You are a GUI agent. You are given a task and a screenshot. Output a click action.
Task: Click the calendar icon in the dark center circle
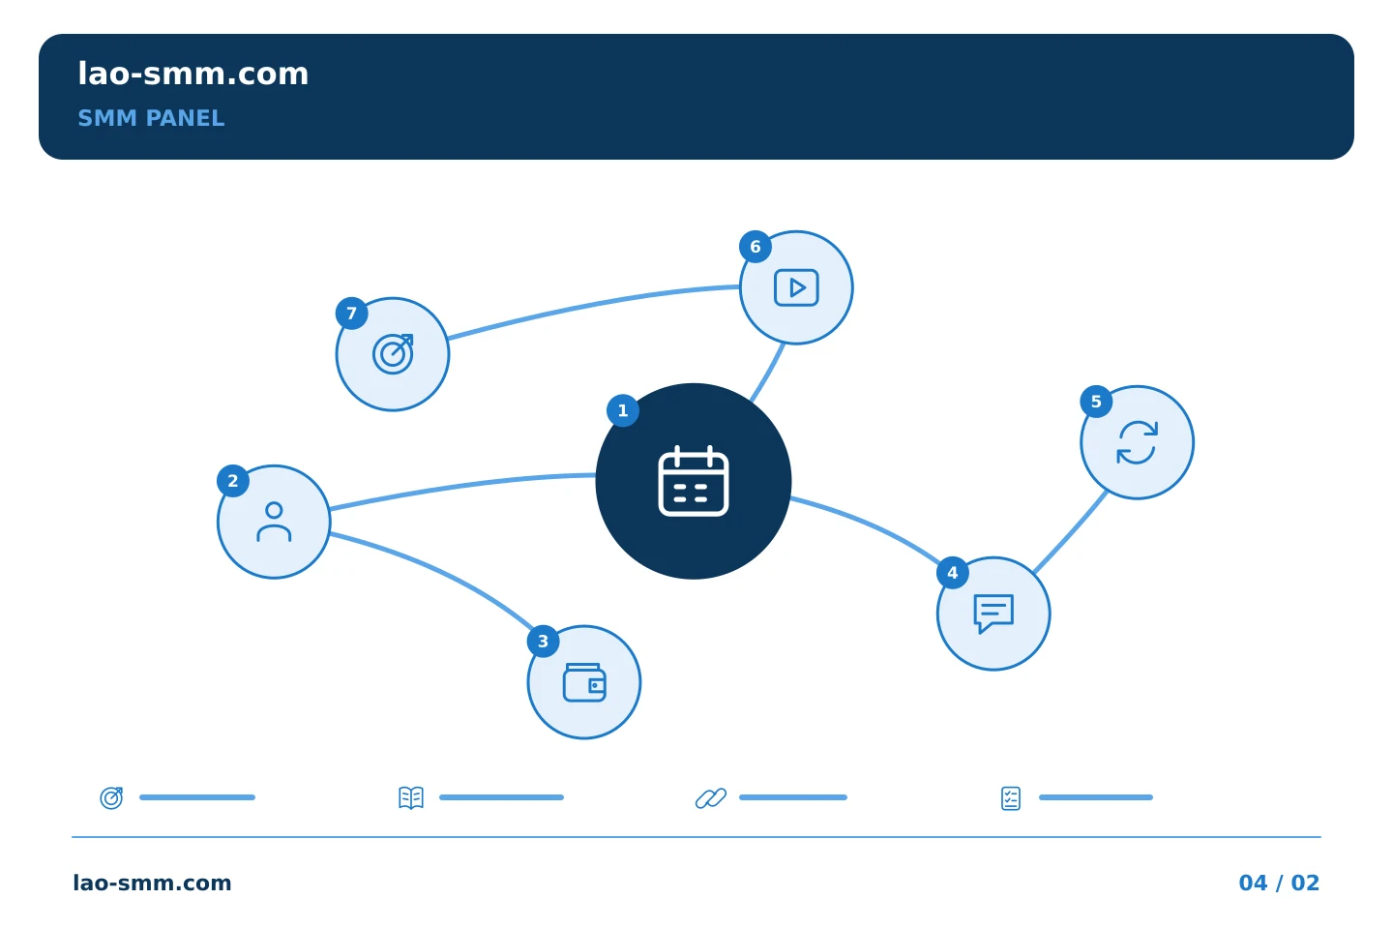(x=694, y=481)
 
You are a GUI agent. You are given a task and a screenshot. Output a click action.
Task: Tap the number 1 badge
(x=623, y=410)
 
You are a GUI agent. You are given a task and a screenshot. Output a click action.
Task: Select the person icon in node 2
(x=274, y=522)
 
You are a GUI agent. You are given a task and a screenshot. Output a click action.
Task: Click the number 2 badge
(x=233, y=481)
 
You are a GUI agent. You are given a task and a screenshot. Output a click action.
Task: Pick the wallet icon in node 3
(x=584, y=682)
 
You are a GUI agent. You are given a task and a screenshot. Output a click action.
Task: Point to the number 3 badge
(x=543, y=642)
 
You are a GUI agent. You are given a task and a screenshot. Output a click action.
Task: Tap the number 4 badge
(x=953, y=573)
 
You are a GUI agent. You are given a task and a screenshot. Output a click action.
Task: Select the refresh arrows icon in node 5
(x=1138, y=442)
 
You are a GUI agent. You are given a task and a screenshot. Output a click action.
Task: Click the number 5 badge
(x=1096, y=402)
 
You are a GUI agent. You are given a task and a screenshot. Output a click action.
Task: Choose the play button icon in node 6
(x=796, y=287)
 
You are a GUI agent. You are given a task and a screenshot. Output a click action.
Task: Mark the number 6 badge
(x=756, y=247)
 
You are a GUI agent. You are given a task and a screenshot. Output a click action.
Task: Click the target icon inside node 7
(x=393, y=354)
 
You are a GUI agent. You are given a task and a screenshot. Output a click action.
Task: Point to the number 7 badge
(x=352, y=314)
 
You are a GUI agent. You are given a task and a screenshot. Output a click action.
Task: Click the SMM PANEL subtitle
(x=151, y=118)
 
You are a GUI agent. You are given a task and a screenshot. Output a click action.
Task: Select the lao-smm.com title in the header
(x=193, y=75)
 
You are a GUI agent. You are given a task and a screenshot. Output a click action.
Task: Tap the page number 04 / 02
(x=1279, y=883)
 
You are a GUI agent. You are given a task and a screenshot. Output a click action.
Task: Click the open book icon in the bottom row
(x=411, y=797)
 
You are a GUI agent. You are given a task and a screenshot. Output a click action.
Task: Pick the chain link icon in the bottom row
(x=711, y=797)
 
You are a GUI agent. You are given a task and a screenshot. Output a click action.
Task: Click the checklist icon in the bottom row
(x=1011, y=798)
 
